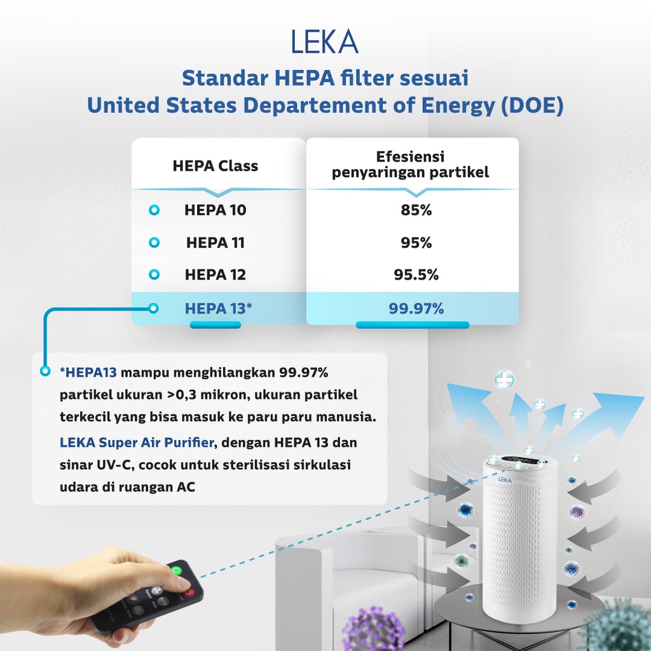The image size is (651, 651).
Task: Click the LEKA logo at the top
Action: click(x=325, y=42)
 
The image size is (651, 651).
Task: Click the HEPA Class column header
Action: click(x=215, y=167)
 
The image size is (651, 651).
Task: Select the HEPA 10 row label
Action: click(x=216, y=210)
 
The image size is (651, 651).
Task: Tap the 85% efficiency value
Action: click(x=416, y=210)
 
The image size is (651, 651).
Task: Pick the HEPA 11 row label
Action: click(x=216, y=242)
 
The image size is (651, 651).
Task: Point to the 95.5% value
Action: click(x=416, y=275)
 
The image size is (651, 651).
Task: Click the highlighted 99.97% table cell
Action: click(x=416, y=309)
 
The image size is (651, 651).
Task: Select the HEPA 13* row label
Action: click(x=219, y=308)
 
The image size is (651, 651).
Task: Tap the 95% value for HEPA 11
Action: click(x=416, y=242)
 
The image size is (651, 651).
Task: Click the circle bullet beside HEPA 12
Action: click(x=153, y=275)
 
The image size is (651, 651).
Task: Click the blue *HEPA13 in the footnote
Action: click(x=88, y=371)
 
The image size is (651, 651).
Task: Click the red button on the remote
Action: click(x=188, y=593)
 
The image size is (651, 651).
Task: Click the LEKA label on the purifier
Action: click(x=505, y=479)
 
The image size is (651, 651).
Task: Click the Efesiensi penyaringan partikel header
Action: click(x=411, y=165)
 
